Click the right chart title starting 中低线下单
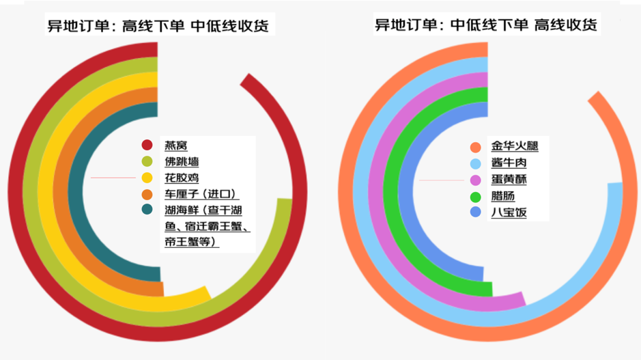pyautogui.click(x=485, y=25)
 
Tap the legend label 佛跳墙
pyautogui.click(x=182, y=162)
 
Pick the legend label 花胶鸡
pyautogui.click(x=182, y=178)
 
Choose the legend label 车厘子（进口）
pyautogui.click(x=201, y=195)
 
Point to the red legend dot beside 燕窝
pyautogui.click(x=147, y=145)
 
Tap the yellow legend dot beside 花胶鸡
pyautogui.click(x=147, y=178)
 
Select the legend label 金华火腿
pyautogui.click(x=515, y=146)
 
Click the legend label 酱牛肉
pyautogui.click(x=509, y=163)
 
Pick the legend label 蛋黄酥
pyautogui.click(x=509, y=180)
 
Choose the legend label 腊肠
pyautogui.click(x=502, y=196)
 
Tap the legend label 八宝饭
pyautogui.click(x=509, y=212)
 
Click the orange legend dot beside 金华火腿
pyautogui.click(x=476, y=147)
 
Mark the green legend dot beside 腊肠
pyautogui.click(x=476, y=196)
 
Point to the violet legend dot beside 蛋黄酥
pyautogui.click(x=476, y=180)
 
